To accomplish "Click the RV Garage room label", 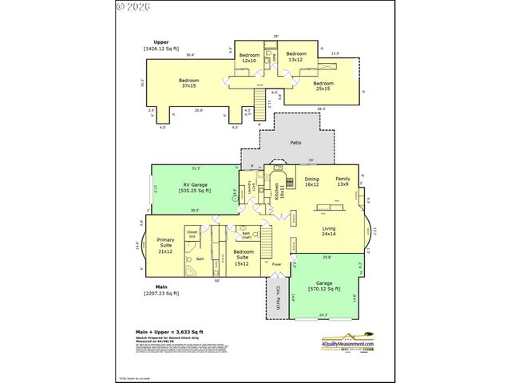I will pyautogui.click(x=196, y=188).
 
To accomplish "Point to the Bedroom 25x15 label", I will pyautogui.click(x=323, y=86).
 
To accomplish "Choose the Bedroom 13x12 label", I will pyautogui.click(x=296, y=56).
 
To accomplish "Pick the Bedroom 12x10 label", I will pyautogui.click(x=249, y=57).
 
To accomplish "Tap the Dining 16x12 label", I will pyautogui.click(x=311, y=182).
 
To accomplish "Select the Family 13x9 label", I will pyautogui.click(x=343, y=182).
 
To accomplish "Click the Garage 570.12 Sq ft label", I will pyautogui.click(x=325, y=286).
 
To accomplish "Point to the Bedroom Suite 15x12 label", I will pyautogui.click(x=243, y=260).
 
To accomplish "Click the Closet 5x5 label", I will pyautogui.click(x=192, y=235).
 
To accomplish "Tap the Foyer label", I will pyautogui.click(x=276, y=264).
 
